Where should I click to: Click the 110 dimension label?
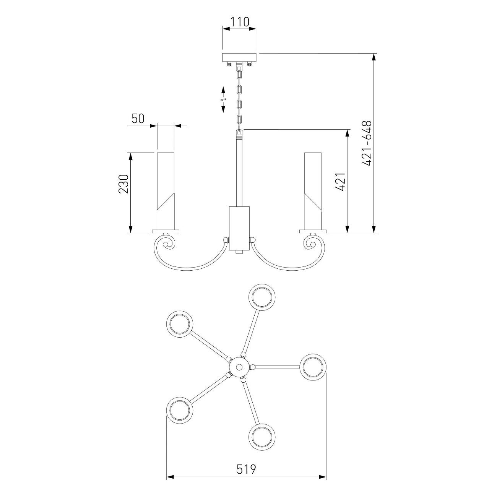[x=240, y=22]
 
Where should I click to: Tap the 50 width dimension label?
[x=138, y=119]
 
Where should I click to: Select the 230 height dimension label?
[x=123, y=184]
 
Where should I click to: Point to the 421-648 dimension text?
[x=367, y=143]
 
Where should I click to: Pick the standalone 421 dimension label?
[x=341, y=182]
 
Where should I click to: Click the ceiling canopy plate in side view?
[x=240, y=57]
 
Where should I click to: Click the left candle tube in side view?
[x=166, y=191]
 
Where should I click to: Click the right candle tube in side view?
[x=313, y=191]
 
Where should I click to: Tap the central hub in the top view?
[x=239, y=367]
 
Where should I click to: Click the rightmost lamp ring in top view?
[x=313, y=367]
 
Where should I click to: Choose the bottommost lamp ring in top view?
[x=262, y=437]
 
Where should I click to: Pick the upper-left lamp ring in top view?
[x=180, y=324]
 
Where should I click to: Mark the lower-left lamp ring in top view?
[x=180, y=410]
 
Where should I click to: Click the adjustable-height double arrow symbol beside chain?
[x=223, y=100]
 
